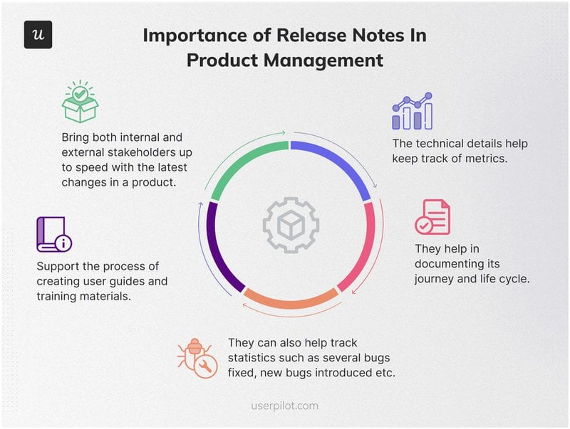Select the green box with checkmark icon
tap(80, 103)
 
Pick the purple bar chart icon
tap(412, 111)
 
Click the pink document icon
tap(432, 217)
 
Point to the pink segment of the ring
tap(363, 246)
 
